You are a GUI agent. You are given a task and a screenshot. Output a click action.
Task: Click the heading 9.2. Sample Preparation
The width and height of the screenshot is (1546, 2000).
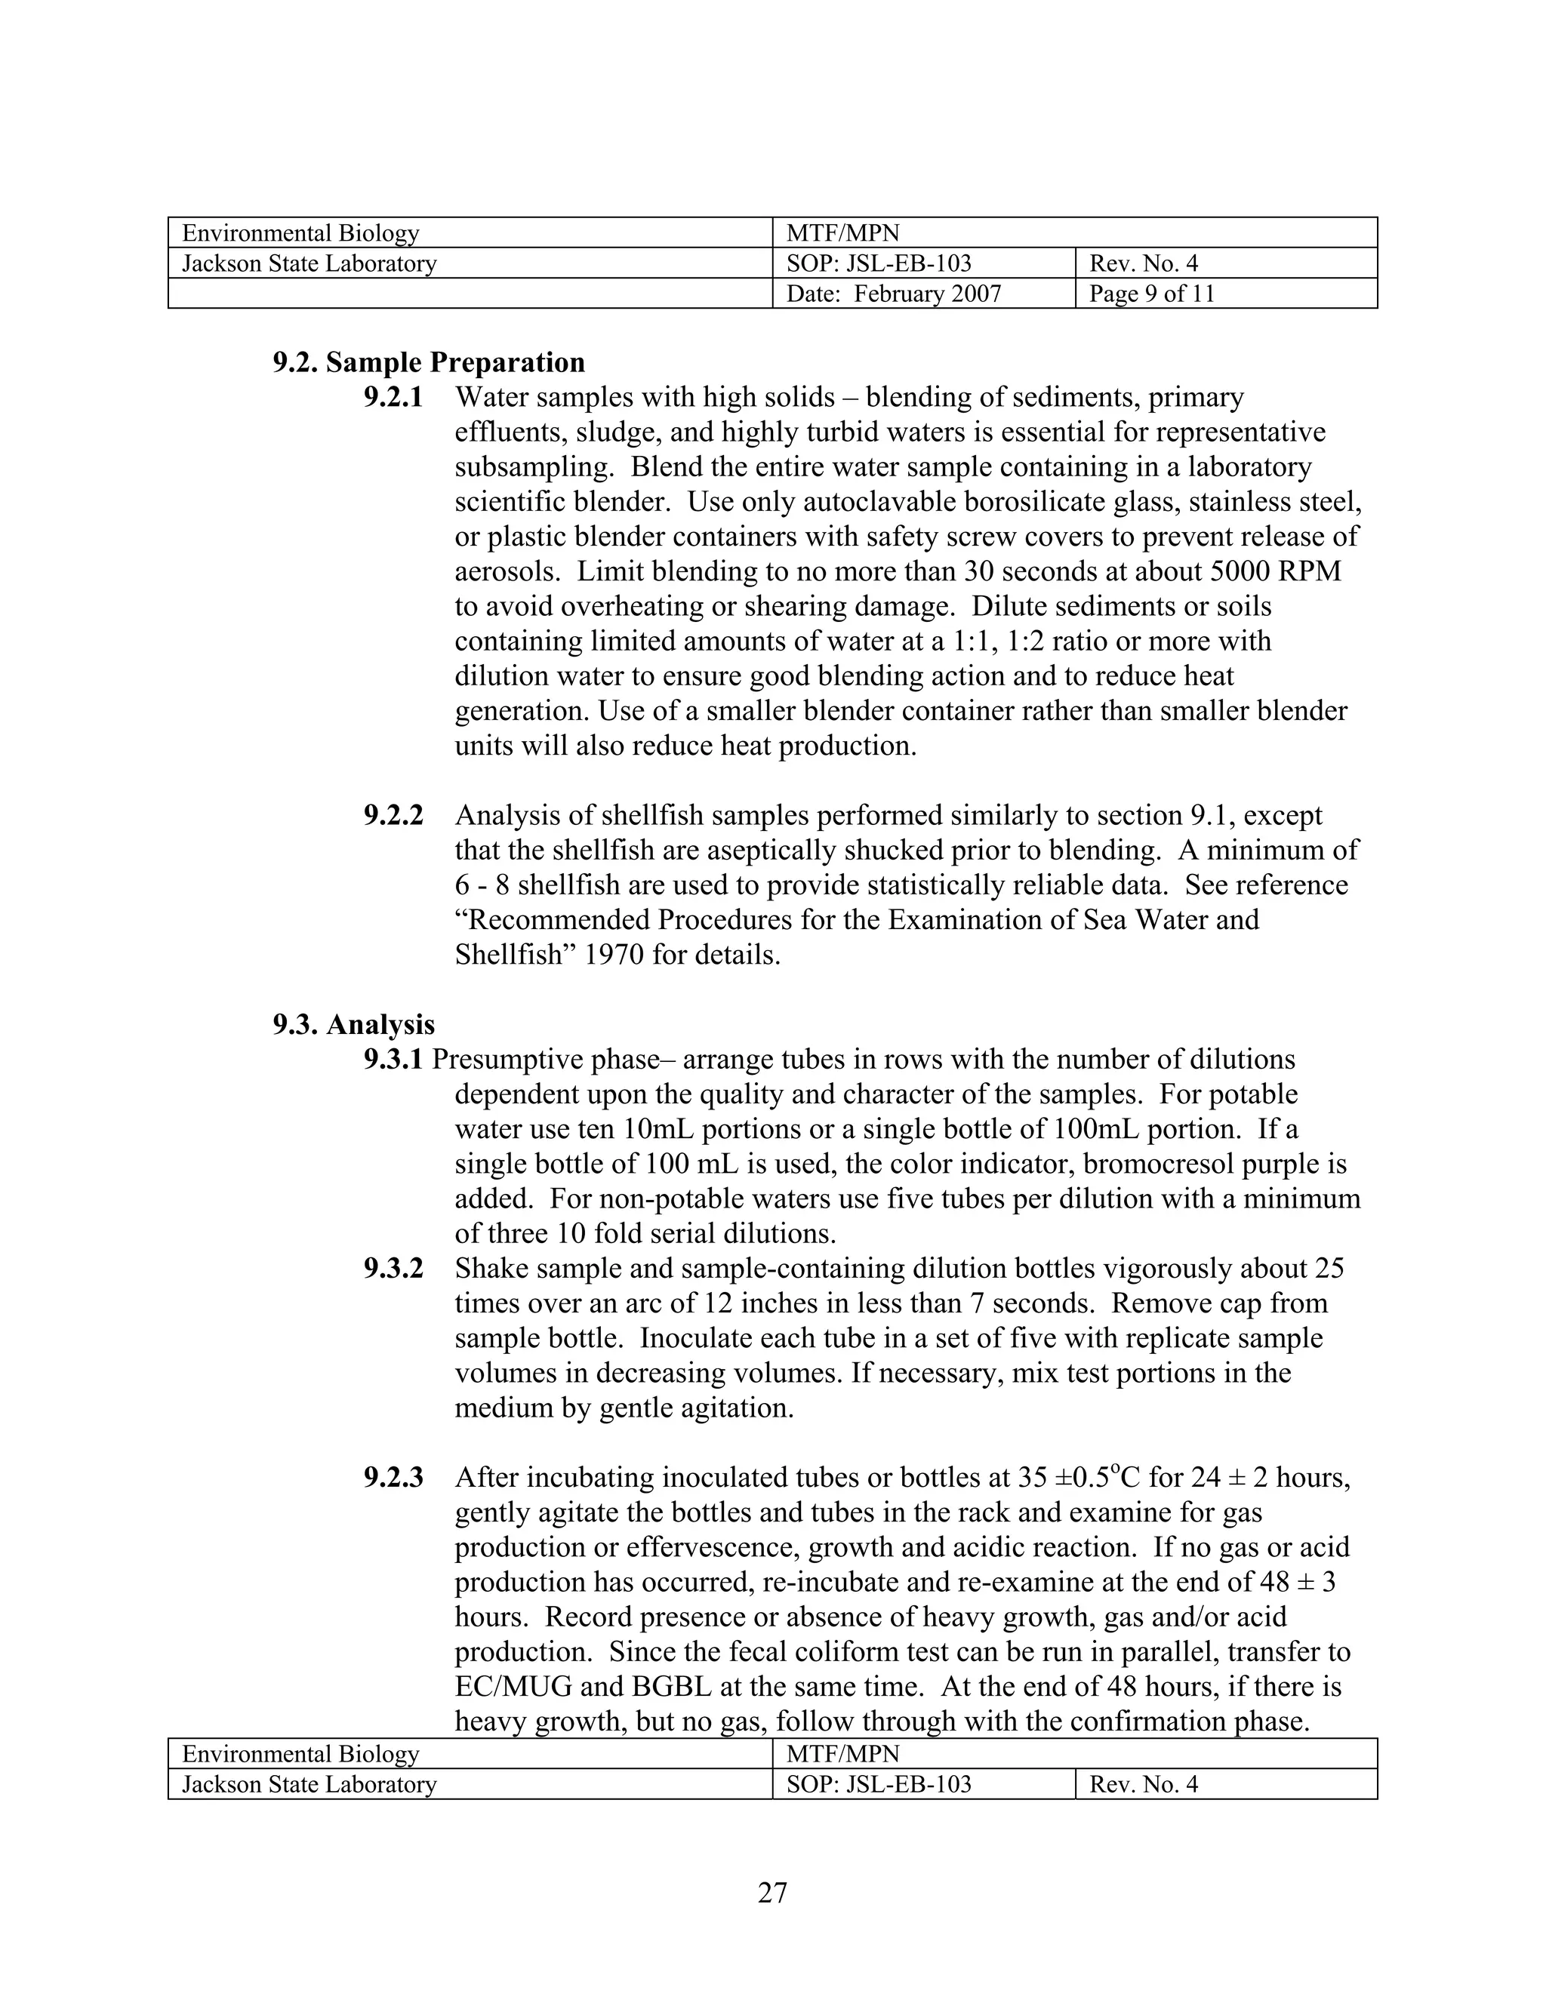pos(428,362)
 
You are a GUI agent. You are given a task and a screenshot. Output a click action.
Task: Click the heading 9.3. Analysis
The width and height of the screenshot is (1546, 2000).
pos(353,1024)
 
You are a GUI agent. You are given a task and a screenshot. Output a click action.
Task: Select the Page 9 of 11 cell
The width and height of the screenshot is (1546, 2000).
pos(1151,294)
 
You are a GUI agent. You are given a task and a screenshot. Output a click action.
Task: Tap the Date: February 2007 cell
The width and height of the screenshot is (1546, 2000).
pos(893,294)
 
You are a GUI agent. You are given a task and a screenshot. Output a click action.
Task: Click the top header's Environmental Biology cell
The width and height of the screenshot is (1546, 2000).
pos(300,232)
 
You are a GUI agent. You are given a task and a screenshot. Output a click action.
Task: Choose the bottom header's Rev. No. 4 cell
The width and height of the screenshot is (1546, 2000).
pos(1143,1784)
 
